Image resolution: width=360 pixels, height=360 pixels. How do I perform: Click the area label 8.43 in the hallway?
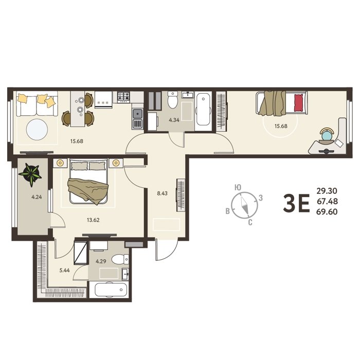162,193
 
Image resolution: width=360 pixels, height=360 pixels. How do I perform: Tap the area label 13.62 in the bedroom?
93,220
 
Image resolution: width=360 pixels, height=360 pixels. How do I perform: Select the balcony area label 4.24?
37,197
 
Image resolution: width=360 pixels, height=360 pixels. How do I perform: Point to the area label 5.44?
64,270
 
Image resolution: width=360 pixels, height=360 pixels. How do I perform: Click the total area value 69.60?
327,212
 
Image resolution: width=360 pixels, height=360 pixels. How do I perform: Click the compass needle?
244,205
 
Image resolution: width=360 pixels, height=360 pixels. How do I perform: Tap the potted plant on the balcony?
30,174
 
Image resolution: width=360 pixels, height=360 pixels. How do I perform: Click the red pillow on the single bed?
299,103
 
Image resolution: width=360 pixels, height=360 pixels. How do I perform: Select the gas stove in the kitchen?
124,97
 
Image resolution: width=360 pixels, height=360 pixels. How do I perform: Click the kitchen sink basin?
137,113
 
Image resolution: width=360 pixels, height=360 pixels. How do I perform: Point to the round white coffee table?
37,130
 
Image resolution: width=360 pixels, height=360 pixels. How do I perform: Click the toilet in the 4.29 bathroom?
120,259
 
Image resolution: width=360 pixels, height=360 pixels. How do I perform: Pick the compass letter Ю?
238,188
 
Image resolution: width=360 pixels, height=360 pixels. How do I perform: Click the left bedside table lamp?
60,163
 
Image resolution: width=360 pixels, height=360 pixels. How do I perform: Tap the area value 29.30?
327,191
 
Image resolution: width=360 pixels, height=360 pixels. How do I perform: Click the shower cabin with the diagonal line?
80,253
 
